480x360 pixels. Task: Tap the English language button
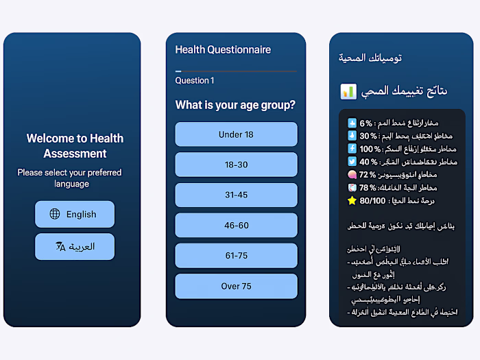[75, 214]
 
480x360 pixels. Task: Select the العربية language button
[75, 247]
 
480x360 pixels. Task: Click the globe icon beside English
[55, 214]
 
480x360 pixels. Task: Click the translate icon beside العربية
[60, 247]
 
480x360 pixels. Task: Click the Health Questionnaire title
[223, 49]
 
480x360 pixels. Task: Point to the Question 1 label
[195, 80]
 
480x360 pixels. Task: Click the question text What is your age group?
[235, 105]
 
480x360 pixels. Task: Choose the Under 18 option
[236, 134]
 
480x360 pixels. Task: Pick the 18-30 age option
[236, 165]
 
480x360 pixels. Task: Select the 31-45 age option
[236, 195]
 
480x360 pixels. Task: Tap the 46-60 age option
[236, 226]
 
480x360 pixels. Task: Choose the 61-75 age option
[236, 256]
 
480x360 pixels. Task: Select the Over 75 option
[236, 286]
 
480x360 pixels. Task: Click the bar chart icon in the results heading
[348, 91]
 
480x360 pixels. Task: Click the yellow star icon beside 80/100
[352, 201]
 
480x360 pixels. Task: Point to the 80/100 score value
[372, 201]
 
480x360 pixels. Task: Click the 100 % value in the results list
[370, 149]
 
